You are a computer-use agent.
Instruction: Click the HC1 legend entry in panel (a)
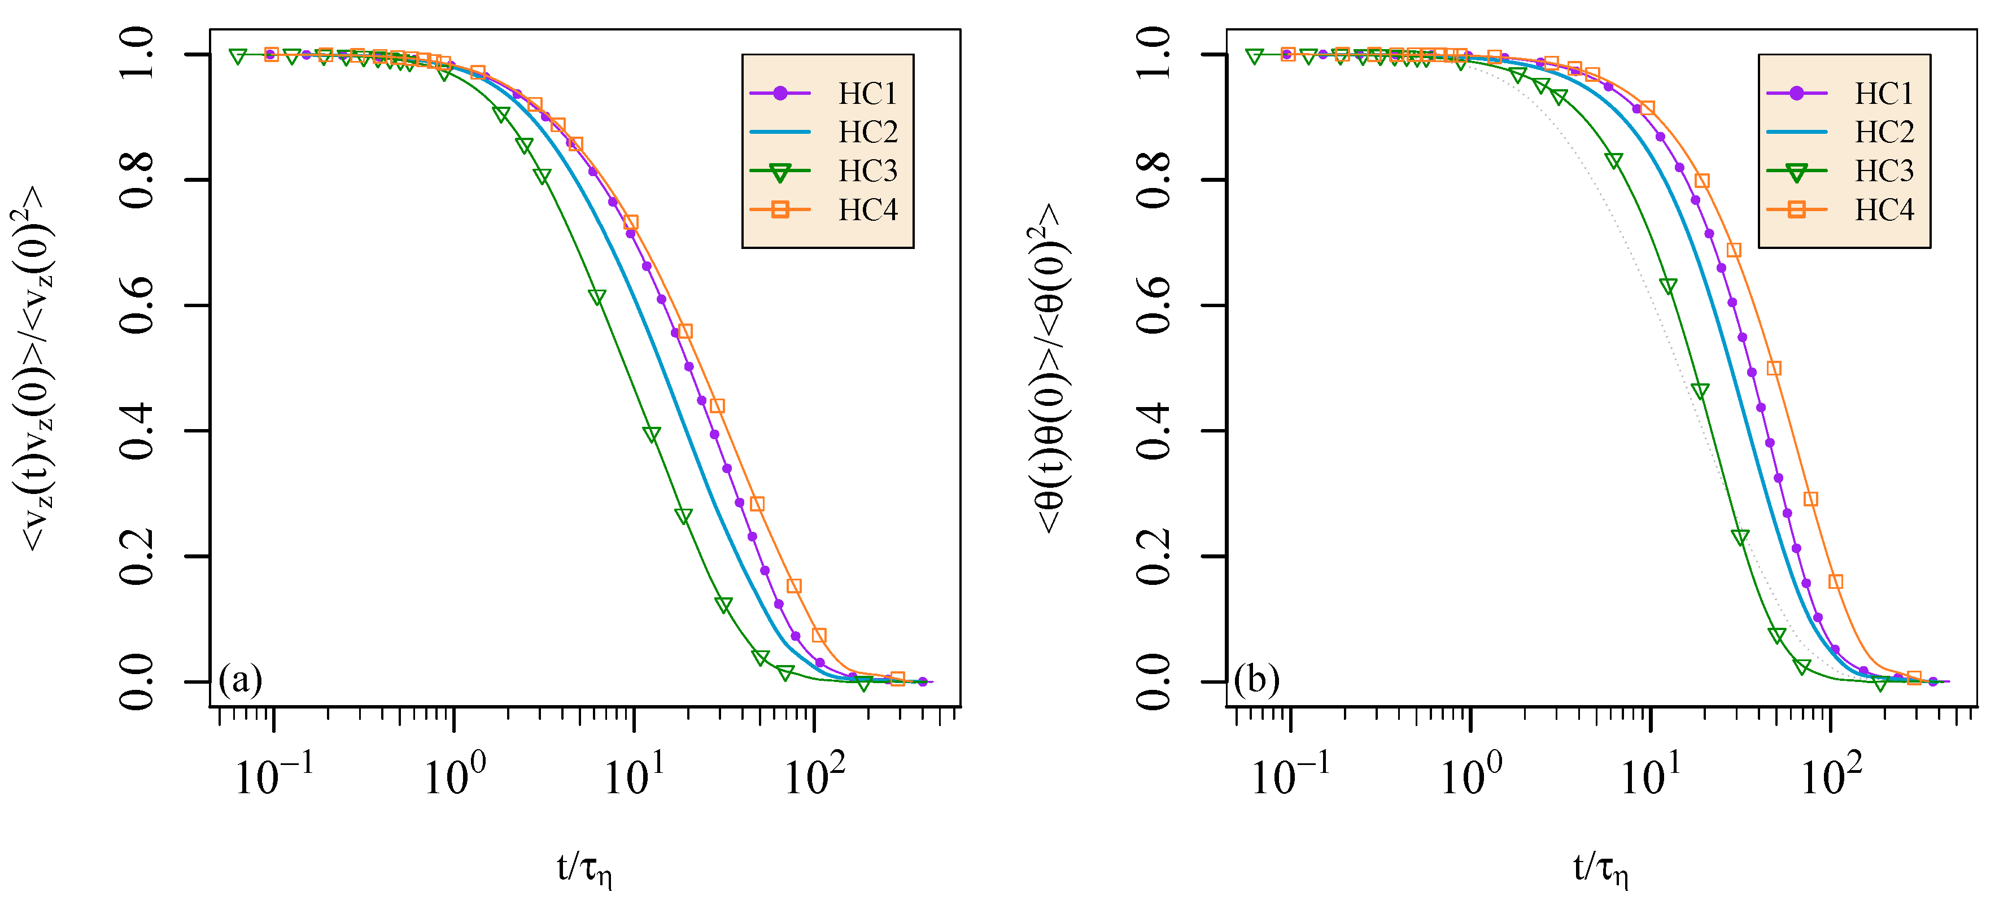(867, 94)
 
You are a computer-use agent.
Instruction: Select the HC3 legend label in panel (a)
(867, 171)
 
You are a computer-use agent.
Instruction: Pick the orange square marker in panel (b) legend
(1796, 210)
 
